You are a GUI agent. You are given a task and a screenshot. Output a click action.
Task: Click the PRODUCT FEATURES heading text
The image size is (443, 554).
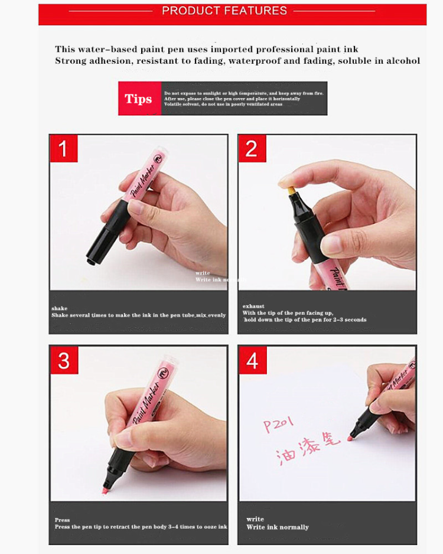coord(224,11)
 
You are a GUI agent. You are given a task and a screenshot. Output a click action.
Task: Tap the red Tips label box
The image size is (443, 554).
coord(139,99)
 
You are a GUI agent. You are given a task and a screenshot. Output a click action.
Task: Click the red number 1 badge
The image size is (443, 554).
coord(63,148)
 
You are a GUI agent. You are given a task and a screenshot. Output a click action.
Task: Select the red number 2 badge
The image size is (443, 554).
coord(252,148)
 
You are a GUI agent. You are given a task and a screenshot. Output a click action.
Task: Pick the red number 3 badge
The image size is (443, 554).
coord(63,360)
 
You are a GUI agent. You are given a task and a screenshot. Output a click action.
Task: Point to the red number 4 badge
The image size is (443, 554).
coord(252,360)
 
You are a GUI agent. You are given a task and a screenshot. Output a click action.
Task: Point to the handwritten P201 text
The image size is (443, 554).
coord(279,423)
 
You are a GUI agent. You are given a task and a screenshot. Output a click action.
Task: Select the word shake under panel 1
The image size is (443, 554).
coord(59,308)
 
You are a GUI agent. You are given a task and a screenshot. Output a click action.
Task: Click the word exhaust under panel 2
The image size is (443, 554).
coord(253,306)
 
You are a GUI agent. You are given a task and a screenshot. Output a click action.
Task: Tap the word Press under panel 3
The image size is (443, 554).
coord(62,520)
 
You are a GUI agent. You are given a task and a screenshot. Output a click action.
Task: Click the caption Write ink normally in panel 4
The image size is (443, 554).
coord(278,527)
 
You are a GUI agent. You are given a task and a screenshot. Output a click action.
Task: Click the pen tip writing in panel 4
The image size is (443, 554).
coord(350,438)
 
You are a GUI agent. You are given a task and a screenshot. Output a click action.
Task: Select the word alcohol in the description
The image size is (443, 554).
coord(403,60)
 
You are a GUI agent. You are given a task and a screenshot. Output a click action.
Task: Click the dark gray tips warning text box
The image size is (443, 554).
coord(244,99)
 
